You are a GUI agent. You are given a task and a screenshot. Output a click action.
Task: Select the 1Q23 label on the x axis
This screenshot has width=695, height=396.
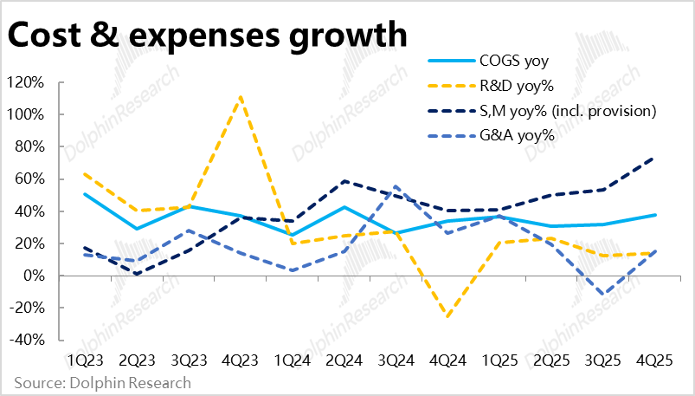coord(84,359)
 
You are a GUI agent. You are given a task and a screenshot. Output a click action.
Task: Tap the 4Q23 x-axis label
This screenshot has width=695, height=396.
coord(239,359)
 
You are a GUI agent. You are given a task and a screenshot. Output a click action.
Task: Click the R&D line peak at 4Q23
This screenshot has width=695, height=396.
coord(240,96)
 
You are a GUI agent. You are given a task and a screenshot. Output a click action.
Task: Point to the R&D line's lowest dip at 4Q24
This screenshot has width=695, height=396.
coord(447,317)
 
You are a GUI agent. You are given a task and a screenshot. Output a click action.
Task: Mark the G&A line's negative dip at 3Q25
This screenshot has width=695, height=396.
coord(602,294)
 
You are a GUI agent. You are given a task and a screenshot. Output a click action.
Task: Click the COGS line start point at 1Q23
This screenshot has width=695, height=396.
coord(84,194)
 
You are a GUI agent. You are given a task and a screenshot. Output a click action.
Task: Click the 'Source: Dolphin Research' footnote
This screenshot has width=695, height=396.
coord(102,382)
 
